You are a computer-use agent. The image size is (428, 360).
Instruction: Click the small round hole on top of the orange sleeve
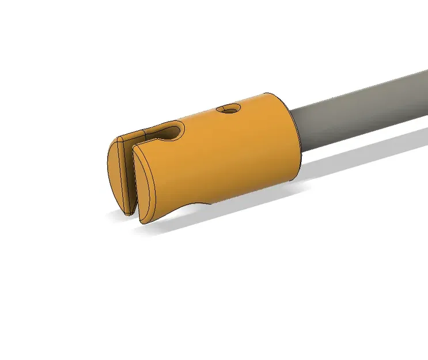pos(229,108)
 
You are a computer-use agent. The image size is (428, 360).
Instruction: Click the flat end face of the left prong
pos(119,176)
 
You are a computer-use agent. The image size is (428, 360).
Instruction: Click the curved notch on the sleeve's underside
pos(196,204)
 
